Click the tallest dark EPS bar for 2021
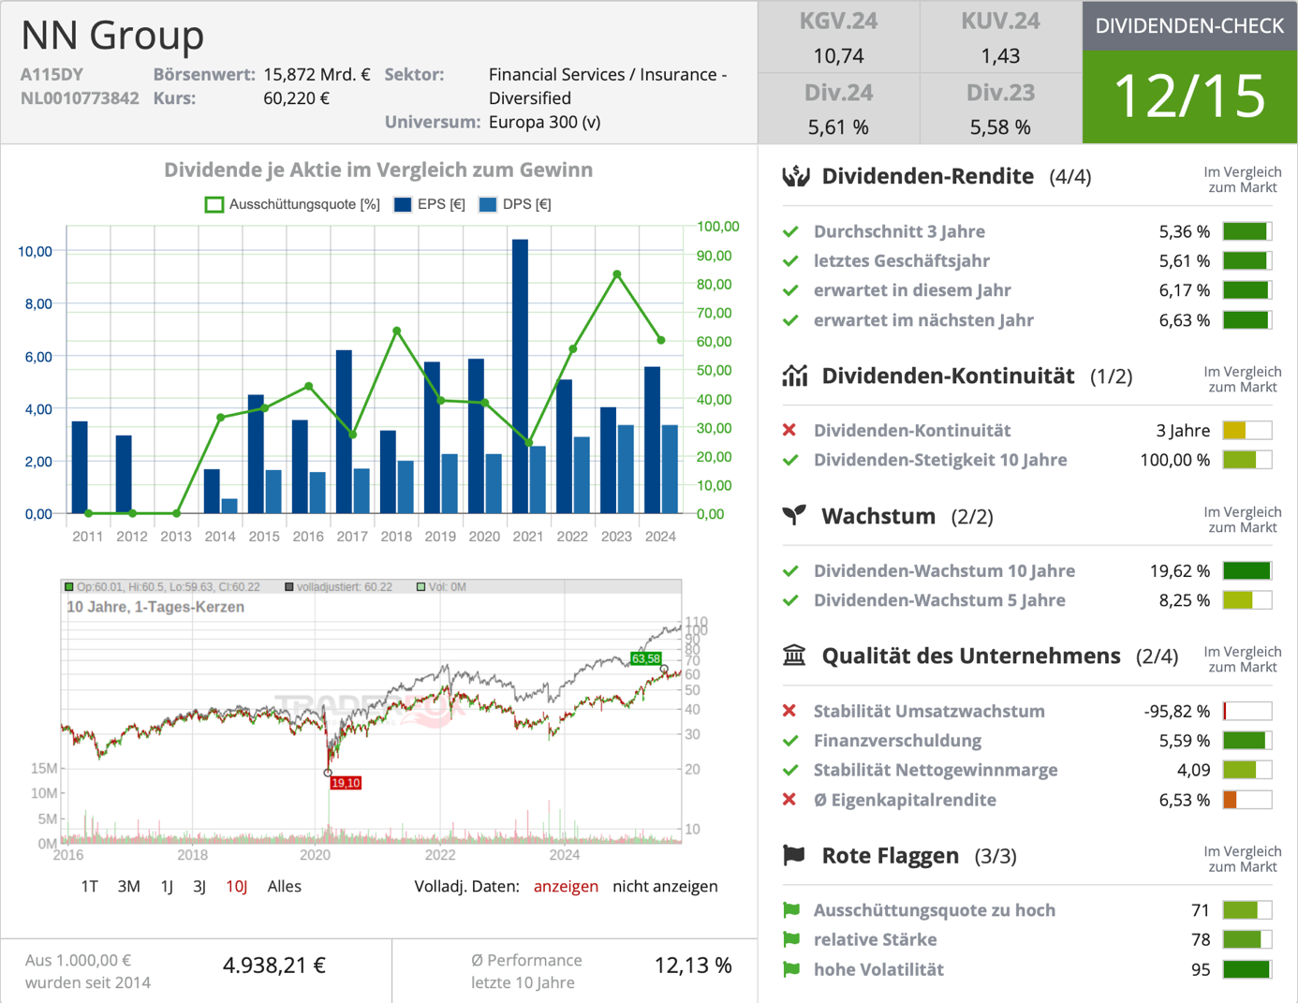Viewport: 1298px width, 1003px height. [520, 375]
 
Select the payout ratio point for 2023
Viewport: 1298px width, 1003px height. [617, 274]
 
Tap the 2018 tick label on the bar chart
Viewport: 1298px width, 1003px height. [396, 537]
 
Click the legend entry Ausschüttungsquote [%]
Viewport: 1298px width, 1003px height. [292, 204]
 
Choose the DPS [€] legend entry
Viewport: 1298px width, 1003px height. [514, 204]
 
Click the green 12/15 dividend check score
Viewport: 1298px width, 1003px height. [1189, 96]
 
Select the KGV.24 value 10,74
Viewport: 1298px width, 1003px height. [838, 56]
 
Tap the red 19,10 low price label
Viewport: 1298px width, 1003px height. [346, 783]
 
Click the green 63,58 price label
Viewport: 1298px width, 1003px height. [645, 658]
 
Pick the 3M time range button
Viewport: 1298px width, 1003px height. [129, 886]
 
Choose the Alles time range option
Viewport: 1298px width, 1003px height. [284, 886]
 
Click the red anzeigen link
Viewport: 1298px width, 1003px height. [566, 886]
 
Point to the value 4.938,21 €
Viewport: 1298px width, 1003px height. [273, 966]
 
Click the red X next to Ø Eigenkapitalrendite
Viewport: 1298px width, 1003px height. [789, 800]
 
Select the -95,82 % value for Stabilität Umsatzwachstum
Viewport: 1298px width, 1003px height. [1176, 711]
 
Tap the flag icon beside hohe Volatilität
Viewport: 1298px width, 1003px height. [792, 969]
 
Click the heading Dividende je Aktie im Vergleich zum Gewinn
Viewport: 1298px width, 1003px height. [378, 170]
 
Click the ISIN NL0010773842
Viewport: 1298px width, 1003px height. [80, 98]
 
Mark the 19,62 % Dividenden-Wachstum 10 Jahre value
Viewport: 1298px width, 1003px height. [1179, 570]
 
